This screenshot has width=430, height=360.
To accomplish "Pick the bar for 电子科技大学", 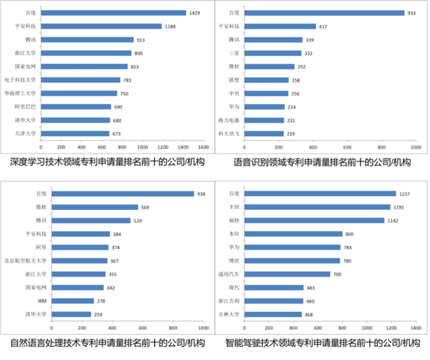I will [x=80, y=80].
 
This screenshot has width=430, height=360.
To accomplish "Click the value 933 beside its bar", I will [x=414, y=13].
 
